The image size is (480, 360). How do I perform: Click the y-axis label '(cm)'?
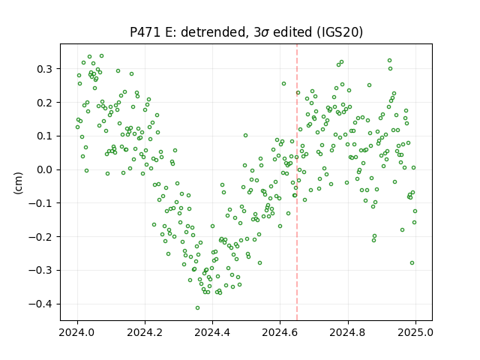pyautogui.click(x=18, y=183)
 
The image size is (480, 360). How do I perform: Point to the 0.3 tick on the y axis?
pyautogui.click(x=45, y=69)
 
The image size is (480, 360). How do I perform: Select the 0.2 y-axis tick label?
pyautogui.click(x=45, y=103)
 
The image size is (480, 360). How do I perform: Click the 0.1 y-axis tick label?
pyautogui.click(x=45, y=136)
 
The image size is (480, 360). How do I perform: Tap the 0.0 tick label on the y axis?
pyautogui.click(x=45, y=169)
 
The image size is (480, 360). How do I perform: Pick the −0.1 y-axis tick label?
pyautogui.click(x=40, y=203)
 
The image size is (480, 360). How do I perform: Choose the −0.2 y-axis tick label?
pyautogui.click(x=40, y=237)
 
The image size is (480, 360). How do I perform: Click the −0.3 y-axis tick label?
pyautogui.click(x=40, y=270)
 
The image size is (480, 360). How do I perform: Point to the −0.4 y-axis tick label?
pyautogui.click(x=40, y=304)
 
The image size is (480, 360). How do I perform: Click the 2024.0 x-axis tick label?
pyautogui.click(x=77, y=332)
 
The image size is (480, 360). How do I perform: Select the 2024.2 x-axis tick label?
pyautogui.click(x=145, y=332)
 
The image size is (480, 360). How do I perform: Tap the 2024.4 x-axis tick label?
pyautogui.click(x=212, y=332)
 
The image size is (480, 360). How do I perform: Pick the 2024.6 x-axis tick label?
pyautogui.click(x=280, y=332)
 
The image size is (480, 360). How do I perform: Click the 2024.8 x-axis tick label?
pyautogui.click(x=347, y=332)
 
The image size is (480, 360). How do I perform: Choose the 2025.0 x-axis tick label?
pyautogui.click(x=415, y=332)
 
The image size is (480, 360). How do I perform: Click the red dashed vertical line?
pyautogui.click(x=297, y=182)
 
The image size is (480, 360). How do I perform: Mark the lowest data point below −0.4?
pyautogui.click(x=197, y=307)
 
